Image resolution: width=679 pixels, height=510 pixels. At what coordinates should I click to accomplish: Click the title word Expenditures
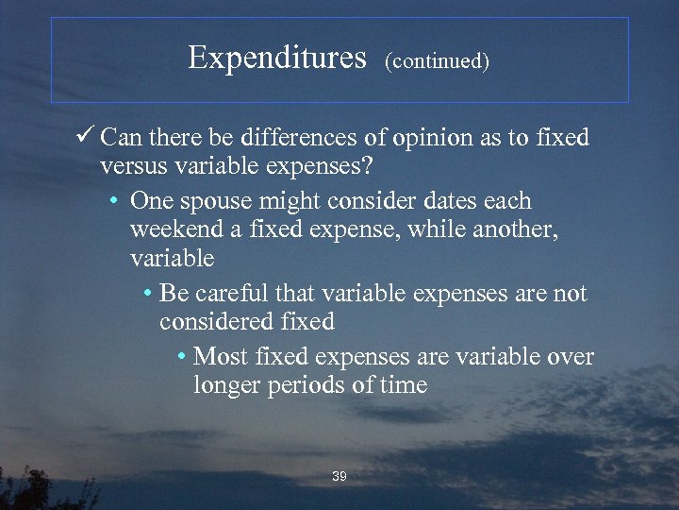click(276, 59)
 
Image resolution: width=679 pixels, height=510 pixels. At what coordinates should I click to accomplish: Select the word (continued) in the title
click(438, 62)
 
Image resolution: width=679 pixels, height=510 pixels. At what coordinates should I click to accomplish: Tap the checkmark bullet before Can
click(87, 138)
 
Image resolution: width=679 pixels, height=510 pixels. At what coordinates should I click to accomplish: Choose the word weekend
click(177, 229)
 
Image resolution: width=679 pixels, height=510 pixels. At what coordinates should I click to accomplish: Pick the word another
click(516, 229)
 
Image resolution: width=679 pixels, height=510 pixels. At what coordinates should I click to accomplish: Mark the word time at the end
click(404, 385)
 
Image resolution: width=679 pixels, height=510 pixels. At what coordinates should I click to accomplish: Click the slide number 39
click(339, 477)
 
